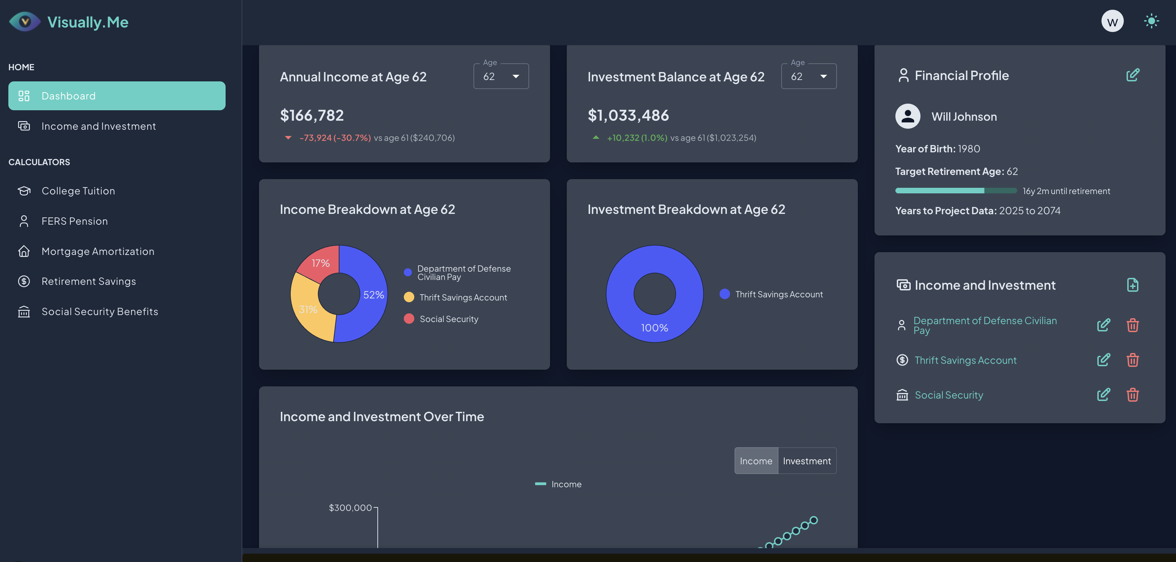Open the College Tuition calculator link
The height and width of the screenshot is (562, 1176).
[x=78, y=191]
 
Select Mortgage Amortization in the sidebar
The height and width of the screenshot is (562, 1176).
[x=98, y=251]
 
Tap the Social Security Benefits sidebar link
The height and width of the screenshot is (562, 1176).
[x=100, y=312]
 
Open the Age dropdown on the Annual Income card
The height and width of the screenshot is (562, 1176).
[x=501, y=76]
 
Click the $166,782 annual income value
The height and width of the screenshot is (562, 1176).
[x=312, y=115]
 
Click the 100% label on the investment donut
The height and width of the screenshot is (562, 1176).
[x=654, y=328]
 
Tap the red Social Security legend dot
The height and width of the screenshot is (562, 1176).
[x=409, y=319]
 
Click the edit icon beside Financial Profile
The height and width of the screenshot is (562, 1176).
[x=1132, y=75]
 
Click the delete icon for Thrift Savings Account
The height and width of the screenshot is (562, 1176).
[x=1132, y=360]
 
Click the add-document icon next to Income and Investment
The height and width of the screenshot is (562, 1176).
[x=1132, y=285]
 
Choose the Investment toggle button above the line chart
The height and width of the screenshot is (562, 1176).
[x=807, y=461]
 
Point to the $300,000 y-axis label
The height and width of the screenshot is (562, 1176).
[x=350, y=508]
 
